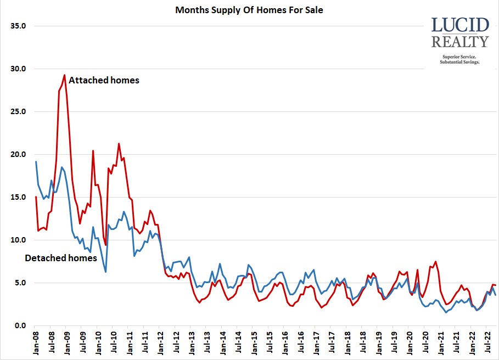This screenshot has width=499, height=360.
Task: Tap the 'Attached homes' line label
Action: click(x=104, y=80)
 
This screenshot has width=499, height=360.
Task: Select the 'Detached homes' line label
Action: click(x=61, y=258)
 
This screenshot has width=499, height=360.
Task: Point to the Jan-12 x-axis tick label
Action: click(x=160, y=343)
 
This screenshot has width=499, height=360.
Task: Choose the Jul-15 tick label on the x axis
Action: click(x=269, y=343)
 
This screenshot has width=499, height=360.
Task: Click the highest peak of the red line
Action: click(x=65, y=75)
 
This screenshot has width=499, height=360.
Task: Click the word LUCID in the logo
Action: click(x=460, y=25)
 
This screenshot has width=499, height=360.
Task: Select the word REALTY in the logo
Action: click(x=460, y=42)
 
